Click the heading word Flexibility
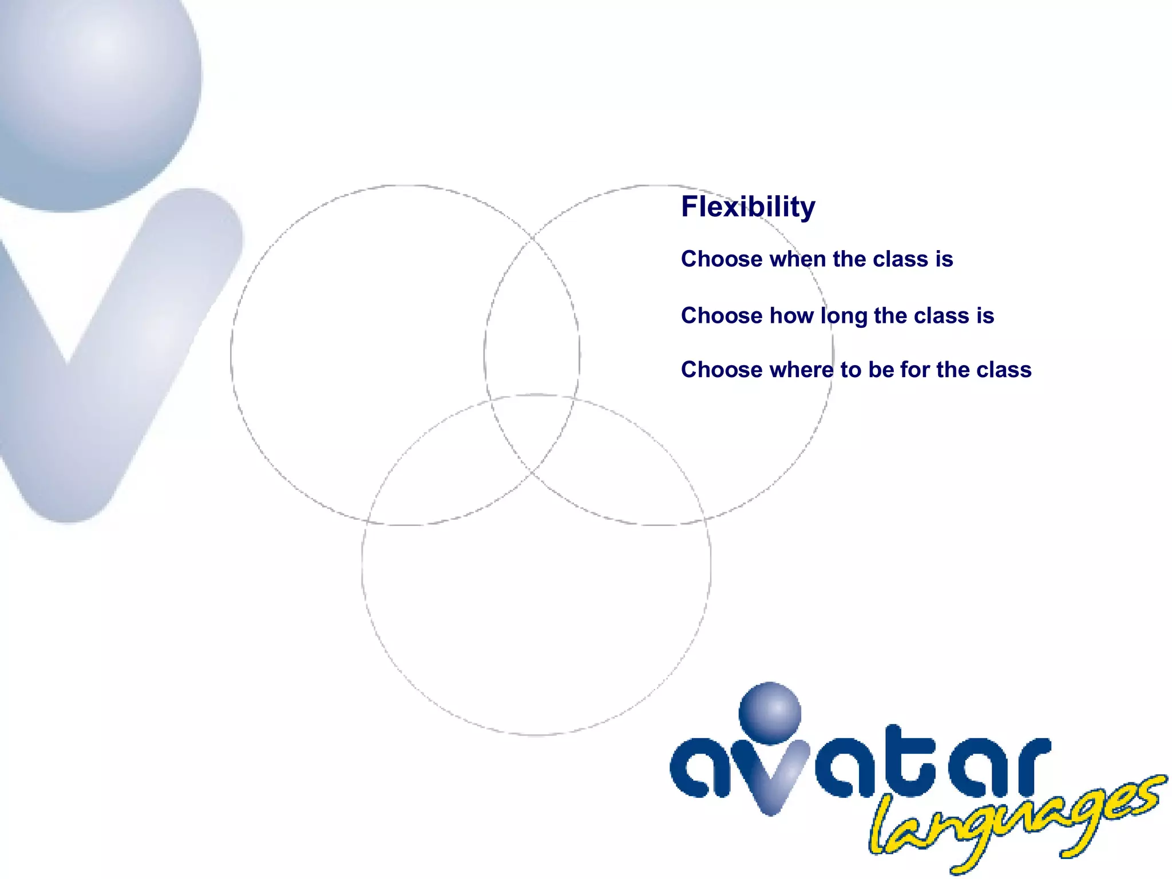click(x=748, y=207)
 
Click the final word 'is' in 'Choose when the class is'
click(x=944, y=259)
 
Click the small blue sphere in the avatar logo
click(x=770, y=713)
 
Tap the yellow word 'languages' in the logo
click(x=1013, y=824)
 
